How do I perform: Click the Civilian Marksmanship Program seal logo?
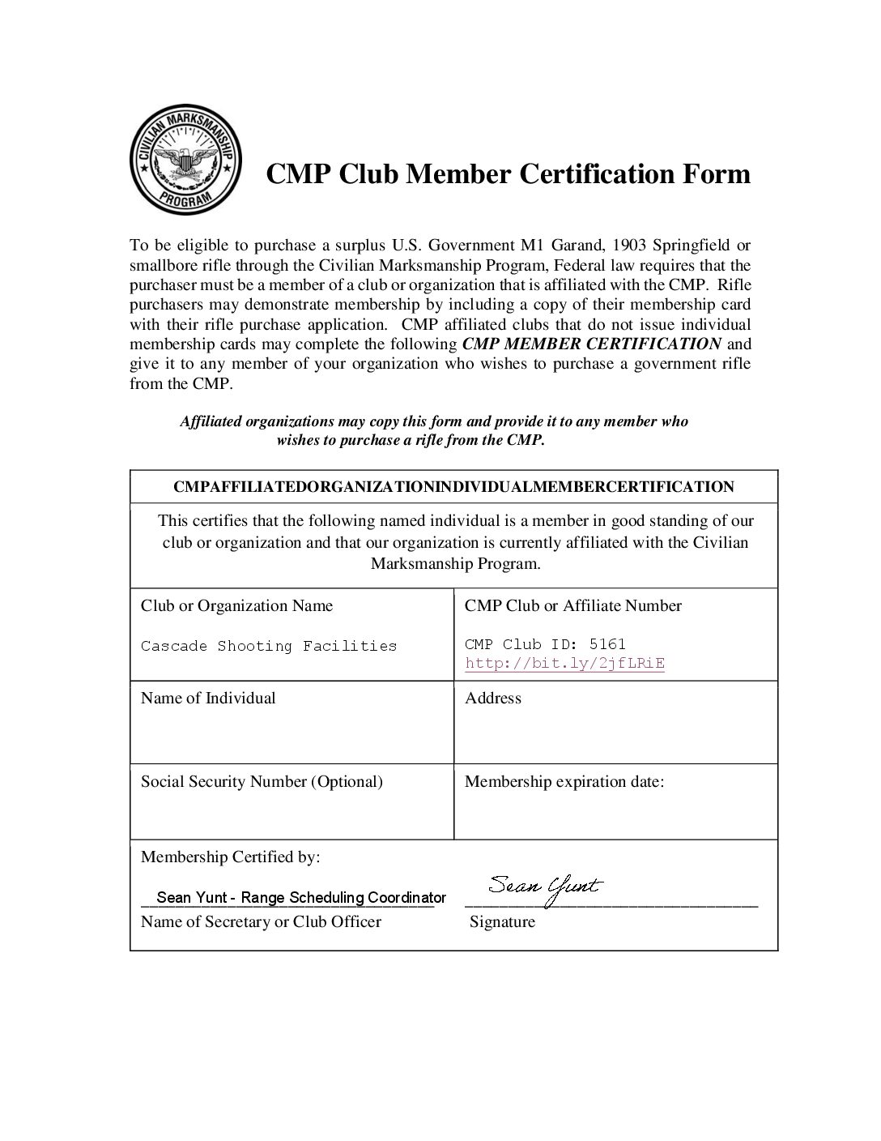186,161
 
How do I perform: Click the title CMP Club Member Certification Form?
508,173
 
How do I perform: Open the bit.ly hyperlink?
564,664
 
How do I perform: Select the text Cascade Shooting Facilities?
269,646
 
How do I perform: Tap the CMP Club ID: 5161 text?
545,644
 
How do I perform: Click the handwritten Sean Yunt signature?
545,889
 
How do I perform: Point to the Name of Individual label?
208,698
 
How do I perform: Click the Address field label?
492,698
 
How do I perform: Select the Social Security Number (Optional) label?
262,781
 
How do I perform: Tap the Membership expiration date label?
564,781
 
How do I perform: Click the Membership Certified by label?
231,857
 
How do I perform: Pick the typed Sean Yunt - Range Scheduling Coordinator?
301,897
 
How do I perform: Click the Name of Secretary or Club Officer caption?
261,921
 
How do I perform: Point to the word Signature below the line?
502,921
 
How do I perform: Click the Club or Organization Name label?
236,605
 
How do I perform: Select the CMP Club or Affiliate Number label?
573,605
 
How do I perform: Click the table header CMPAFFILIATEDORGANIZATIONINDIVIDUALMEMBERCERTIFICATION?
453,487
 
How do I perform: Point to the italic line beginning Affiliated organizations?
433,421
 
